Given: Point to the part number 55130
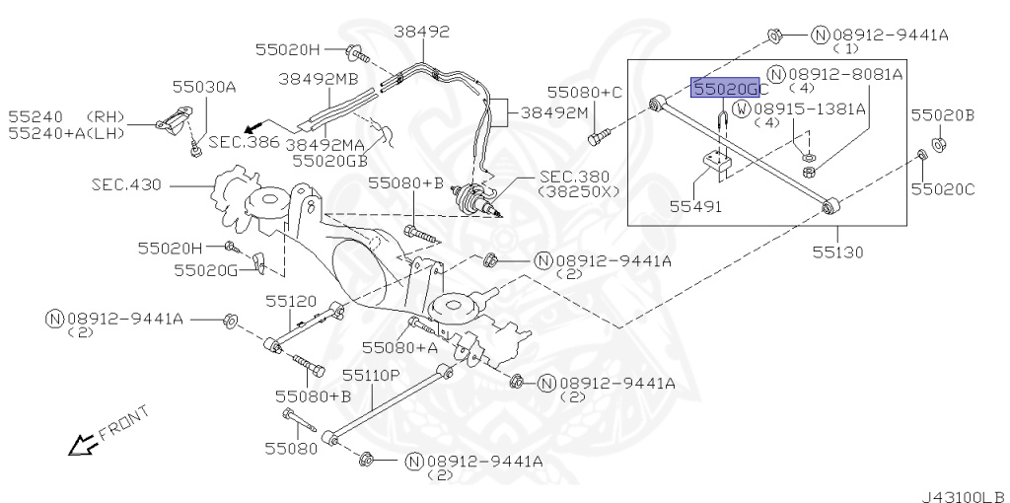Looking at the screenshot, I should (837, 251).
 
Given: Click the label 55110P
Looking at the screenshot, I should (371, 375).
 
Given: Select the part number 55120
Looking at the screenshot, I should (292, 301).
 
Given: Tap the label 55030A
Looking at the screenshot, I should (204, 87).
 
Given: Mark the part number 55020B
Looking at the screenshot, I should (942, 116).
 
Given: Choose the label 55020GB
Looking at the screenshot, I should (330, 160).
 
